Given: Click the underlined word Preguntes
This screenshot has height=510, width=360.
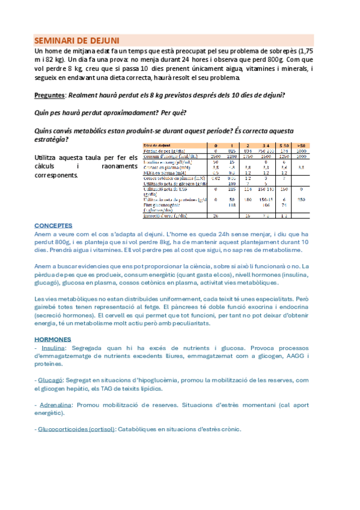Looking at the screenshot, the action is (50, 96).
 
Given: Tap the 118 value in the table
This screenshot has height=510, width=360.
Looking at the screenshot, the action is (231, 204).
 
